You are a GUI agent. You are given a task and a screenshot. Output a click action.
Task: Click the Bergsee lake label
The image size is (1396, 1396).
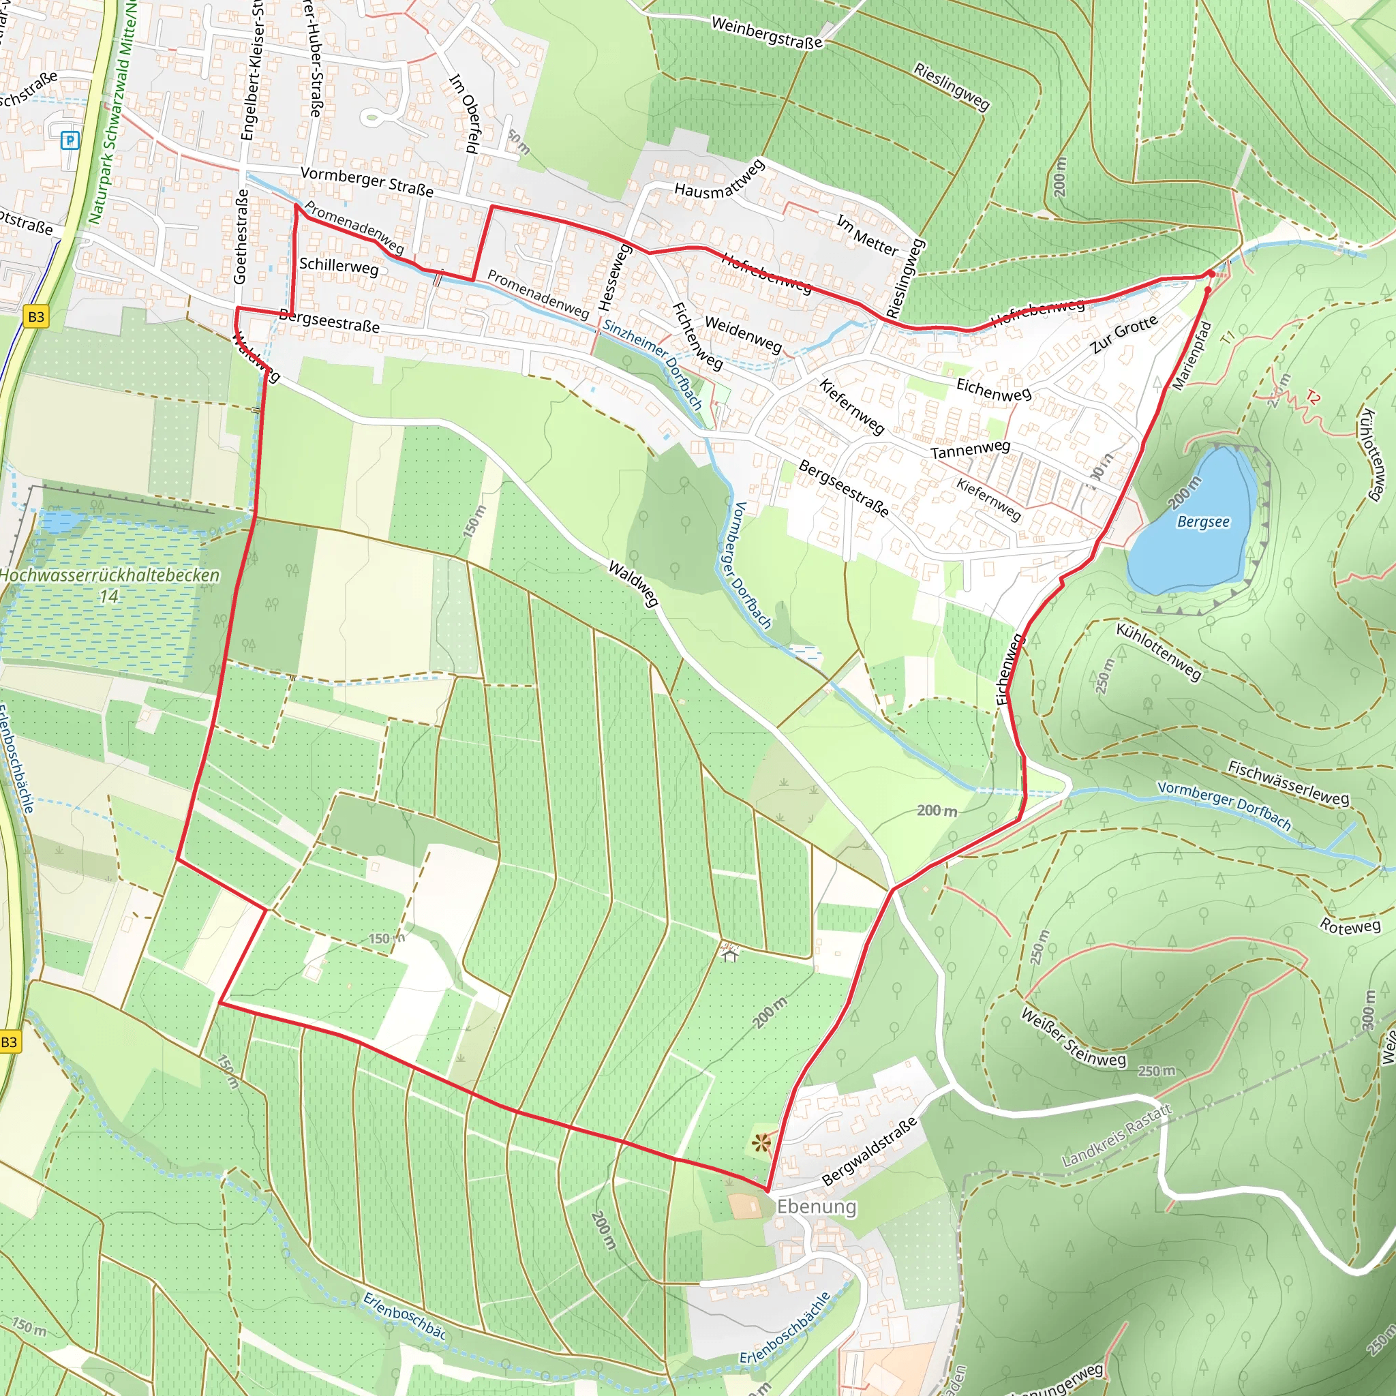tap(1203, 521)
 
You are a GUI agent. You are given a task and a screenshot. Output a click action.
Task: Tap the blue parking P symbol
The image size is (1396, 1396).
tap(70, 140)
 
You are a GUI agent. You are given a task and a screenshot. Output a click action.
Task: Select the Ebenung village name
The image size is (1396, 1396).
tap(817, 1207)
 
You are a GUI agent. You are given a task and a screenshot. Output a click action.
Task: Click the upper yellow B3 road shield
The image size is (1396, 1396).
tap(36, 316)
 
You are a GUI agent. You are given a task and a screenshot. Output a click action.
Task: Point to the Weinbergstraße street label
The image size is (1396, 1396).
tap(767, 33)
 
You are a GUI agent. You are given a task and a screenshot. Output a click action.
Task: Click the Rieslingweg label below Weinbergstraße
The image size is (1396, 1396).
tap(951, 86)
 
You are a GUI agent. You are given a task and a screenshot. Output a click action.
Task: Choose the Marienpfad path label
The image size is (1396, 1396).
tap(1191, 356)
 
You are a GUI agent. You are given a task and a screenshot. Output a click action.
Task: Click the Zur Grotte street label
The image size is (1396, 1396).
tap(1123, 334)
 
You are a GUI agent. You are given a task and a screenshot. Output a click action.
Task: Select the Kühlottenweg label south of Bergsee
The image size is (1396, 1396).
tap(1159, 651)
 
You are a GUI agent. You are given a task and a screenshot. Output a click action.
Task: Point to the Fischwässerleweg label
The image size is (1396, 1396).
tap(1288, 783)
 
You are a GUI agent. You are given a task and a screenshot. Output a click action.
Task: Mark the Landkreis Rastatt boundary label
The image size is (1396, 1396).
tap(1117, 1135)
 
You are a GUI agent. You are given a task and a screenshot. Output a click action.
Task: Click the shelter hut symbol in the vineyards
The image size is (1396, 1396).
tap(730, 954)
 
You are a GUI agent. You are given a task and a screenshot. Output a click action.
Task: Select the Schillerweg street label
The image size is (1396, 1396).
tap(339, 266)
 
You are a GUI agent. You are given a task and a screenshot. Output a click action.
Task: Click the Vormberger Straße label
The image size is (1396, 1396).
tap(367, 181)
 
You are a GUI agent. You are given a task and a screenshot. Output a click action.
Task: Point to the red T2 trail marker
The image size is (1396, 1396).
tap(1313, 397)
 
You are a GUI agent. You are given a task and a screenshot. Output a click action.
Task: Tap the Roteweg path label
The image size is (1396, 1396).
tap(1350, 926)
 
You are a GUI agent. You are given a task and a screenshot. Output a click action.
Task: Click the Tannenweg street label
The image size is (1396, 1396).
tap(970, 449)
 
